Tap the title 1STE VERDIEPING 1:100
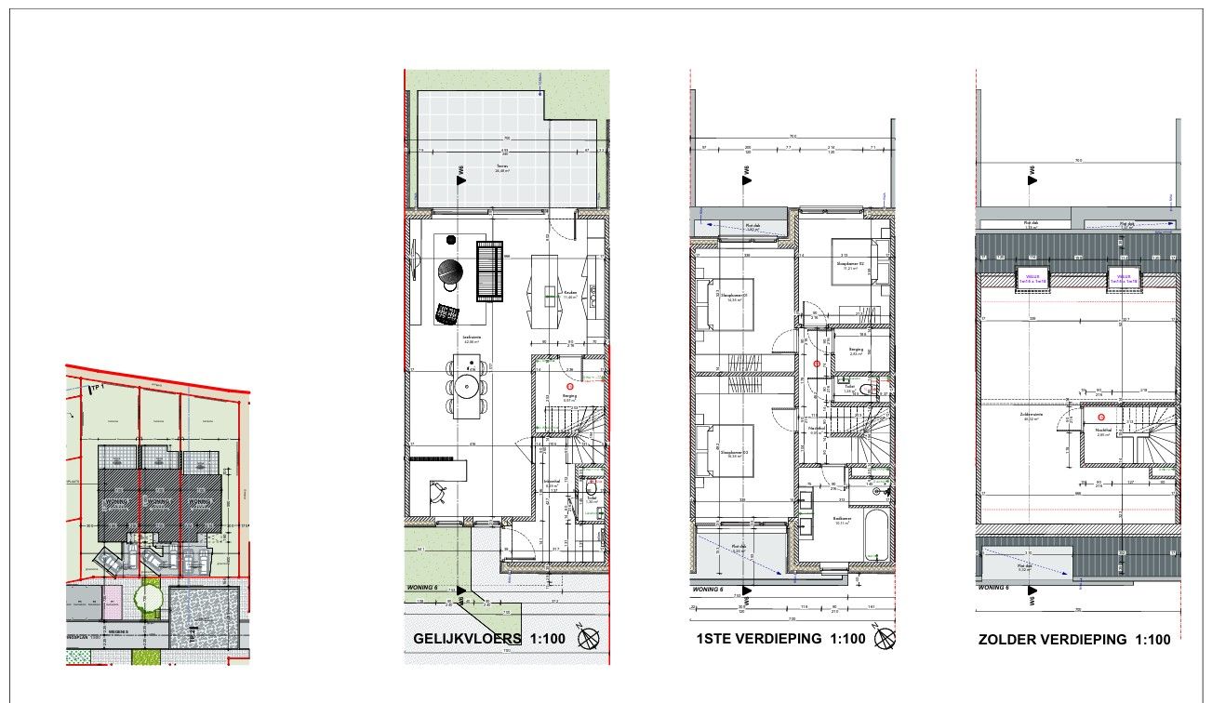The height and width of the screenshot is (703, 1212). [x=779, y=640]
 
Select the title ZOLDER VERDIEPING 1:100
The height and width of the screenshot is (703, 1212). [x=1073, y=640]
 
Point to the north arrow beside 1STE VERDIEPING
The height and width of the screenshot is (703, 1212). [x=886, y=639]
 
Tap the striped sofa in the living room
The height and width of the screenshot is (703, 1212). [x=490, y=271]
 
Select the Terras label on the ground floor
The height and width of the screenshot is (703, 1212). [x=502, y=167]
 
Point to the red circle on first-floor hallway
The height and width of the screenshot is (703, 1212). [x=818, y=365]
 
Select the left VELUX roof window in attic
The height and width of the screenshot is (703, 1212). [x=1032, y=277]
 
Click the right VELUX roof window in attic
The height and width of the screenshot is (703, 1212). [x=1123, y=277]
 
